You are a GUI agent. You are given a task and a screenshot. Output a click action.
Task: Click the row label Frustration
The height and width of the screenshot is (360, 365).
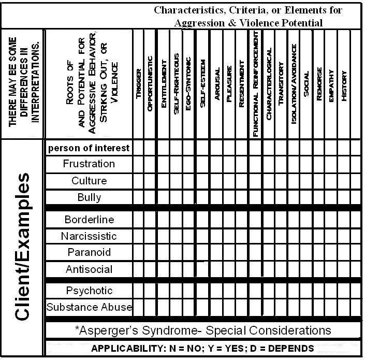click(89, 164)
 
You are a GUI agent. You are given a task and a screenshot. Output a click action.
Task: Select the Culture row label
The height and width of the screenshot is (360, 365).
click(89, 181)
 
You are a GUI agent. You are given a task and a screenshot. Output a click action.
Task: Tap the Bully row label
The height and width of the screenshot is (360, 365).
click(89, 197)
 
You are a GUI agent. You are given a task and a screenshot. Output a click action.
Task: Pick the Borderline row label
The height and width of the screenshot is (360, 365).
click(89, 220)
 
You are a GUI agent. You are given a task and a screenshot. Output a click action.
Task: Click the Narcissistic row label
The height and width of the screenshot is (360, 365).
click(89, 236)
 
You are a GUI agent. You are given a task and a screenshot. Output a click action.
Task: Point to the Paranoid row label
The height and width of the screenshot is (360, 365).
click(89, 253)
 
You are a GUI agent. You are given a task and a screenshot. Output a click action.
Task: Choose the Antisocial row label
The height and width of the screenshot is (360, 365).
click(89, 269)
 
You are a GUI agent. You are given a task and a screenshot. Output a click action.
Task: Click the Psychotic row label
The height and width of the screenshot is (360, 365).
click(89, 291)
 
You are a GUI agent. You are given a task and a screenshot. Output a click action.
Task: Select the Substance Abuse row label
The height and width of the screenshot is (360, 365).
click(89, 307)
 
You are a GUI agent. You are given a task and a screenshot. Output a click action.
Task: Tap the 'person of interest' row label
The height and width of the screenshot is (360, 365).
click(89, 148)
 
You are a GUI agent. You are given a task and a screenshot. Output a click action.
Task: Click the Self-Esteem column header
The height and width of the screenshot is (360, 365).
click(202, 83)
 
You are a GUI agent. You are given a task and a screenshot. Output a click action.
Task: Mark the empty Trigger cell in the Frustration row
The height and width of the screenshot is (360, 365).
click(138, 164)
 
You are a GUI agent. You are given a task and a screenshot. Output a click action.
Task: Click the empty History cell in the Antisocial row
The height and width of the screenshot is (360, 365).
click(344, 269)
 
